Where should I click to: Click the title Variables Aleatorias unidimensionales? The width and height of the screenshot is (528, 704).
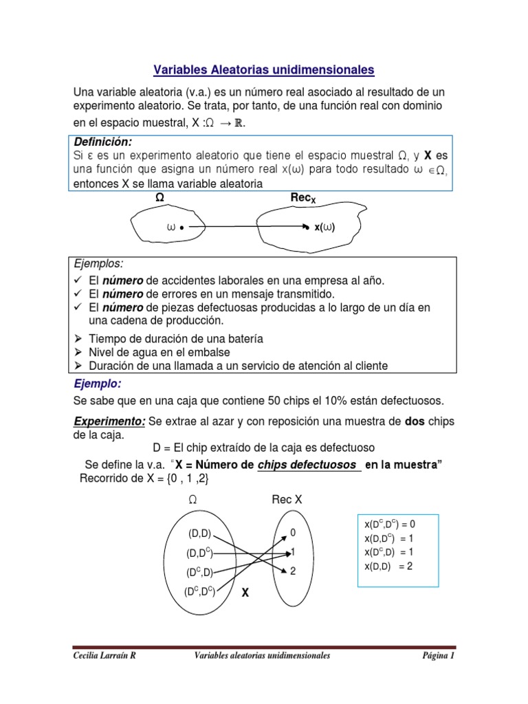(263, 70)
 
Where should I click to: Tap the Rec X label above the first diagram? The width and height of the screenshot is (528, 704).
(303, 199)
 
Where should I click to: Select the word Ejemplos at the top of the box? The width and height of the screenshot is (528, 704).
(98, 265)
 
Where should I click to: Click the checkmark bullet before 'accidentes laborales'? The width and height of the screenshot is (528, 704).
(78, 280)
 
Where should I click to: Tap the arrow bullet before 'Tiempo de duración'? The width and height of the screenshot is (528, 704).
(78, 339)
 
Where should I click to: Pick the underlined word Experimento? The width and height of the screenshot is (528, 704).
(109, 420)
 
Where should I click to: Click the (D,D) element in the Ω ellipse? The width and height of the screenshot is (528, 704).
(199, 533)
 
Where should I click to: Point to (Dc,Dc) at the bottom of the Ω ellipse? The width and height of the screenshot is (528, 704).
(199, 591)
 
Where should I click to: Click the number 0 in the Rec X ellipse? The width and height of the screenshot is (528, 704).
(294, 533)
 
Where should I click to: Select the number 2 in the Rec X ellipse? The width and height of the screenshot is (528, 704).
(294, 571)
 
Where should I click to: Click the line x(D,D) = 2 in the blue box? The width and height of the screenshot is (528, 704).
(389, 566)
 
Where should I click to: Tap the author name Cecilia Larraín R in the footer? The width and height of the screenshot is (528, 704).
(104, 656)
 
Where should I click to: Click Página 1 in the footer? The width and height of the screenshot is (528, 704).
(439, 656)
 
